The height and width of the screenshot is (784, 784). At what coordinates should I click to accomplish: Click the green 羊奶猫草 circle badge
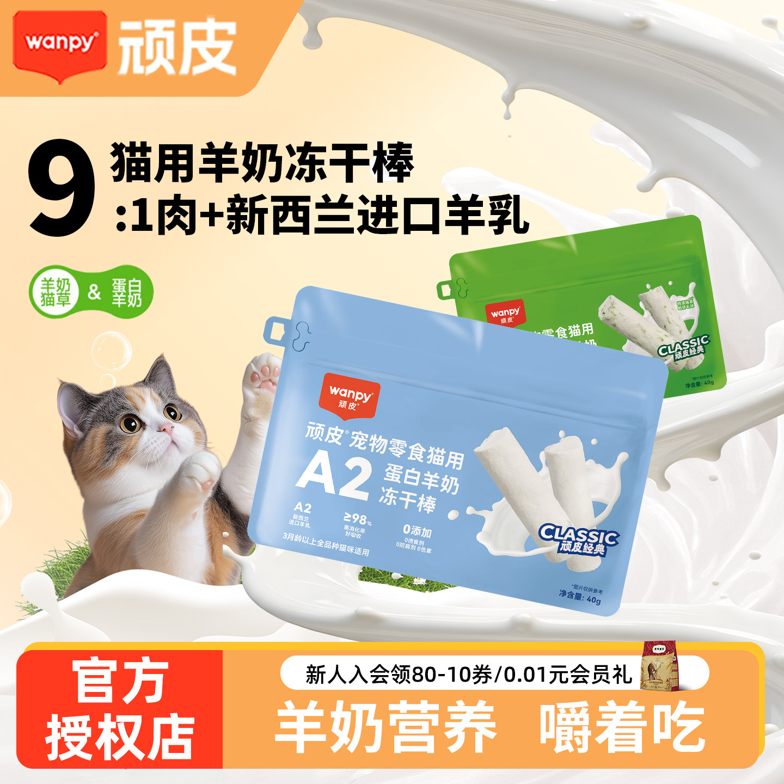pos(55,292)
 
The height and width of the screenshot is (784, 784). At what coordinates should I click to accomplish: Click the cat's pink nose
pos(165,430)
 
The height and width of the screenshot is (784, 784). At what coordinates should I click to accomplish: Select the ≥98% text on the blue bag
pos(357,519)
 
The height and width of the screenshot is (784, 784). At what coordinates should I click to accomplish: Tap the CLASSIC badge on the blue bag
pos(579,540)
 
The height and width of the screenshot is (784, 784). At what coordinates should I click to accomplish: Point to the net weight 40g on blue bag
pos(580,597)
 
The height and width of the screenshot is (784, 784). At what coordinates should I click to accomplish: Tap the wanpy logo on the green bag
pos(505,313)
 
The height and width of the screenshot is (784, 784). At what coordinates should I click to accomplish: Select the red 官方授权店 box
pos(119,709)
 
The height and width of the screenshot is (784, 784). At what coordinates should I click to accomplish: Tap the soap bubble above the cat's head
pos(111,352)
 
